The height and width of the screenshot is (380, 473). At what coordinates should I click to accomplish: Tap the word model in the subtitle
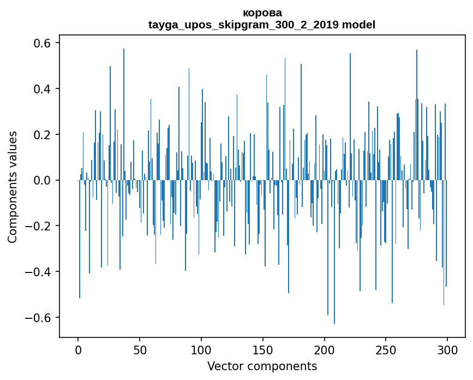[x=358, y=25]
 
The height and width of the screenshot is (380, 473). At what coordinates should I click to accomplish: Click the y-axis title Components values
[x=13, y=187]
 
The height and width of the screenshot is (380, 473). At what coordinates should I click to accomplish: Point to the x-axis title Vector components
[x=262, y=366]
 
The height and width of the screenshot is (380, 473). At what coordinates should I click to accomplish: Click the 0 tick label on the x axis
[x=78, y=349]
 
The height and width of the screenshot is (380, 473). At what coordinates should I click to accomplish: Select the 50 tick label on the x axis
[x=140, y=349]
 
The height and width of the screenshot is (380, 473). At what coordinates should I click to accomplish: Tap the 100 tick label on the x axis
[x=201, y=349]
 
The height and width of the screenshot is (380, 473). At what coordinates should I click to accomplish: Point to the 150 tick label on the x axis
[x=263, y=349]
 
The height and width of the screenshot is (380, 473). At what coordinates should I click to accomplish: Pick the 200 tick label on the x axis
[x=325, y=349]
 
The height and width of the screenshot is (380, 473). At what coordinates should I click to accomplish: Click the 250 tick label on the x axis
[x=386, y=349]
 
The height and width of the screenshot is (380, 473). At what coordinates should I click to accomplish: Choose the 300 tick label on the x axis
[x=448, y=349]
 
